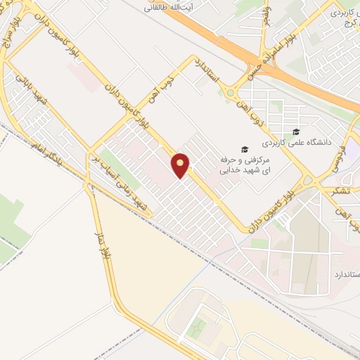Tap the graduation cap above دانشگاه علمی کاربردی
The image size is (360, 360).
coord(296,131)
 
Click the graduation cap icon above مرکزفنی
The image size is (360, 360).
coord(244,149)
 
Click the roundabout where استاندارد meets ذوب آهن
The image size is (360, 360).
coord(230,91)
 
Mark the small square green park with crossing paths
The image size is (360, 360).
coord(198,327)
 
